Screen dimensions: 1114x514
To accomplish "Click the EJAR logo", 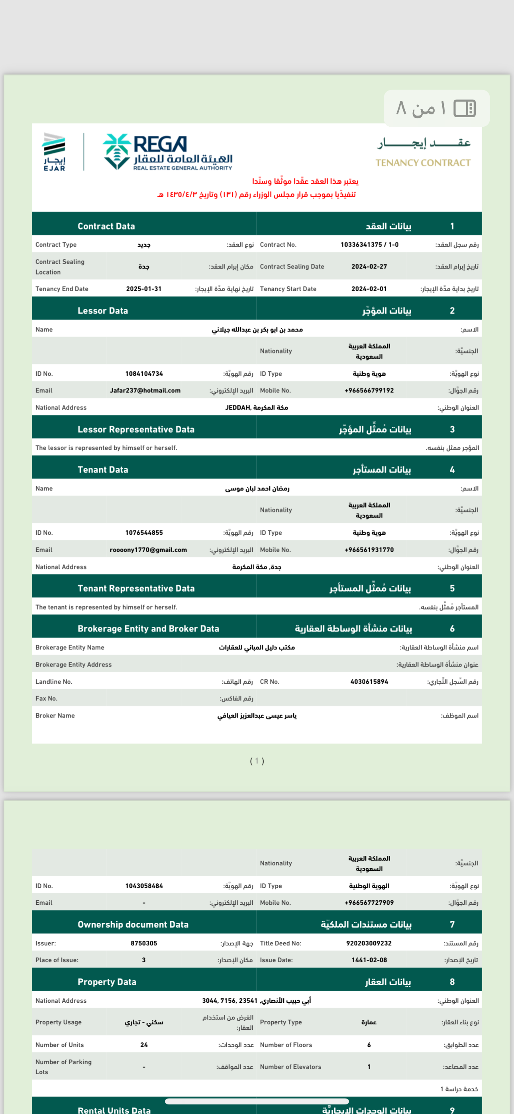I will pyautogui.click(x=54, y=152).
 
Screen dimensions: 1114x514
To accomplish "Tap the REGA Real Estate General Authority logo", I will pyautogui.click(x=167, y=152).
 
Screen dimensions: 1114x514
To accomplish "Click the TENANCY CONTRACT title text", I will pyautogui.click(x=423, y=163).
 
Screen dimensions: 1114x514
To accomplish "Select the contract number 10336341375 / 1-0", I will pyautogui.click(x=369, y=245).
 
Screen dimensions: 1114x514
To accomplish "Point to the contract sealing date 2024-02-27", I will pyautogui.click(x=369, y=267).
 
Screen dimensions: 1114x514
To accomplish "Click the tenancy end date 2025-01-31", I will pyautogui.click(x=144, y=289).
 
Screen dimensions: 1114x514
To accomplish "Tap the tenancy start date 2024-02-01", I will pyautogui.click(x=369, y=289).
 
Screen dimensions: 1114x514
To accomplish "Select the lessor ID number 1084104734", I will pyautogui.click(x=144, y=374).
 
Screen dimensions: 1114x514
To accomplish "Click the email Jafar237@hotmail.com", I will pyautogui.click(x=145, y=390).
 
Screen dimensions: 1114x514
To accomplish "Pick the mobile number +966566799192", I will pyautogui.click(x=369, y=390).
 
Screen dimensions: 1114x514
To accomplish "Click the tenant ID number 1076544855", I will pyautogui.click(x=144, y=533).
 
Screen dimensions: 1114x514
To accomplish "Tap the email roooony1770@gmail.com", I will pyautogui.click(x=148, y=550).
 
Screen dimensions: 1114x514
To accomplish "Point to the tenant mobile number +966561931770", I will pyautogui.click(x=369, y=550).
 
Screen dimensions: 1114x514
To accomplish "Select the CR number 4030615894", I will pyautogui.click(x=369, y=682).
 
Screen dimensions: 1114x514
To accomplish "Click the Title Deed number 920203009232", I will pyautogui.click(x=369, y=943).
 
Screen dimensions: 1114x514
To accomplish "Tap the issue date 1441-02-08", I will pyautogui.click(x=369, y=960).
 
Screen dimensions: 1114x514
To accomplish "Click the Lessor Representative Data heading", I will pyautogui.click(x=136, y=430).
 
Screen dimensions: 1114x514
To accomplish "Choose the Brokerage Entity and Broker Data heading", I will pyautogui.click(x=148, y=629).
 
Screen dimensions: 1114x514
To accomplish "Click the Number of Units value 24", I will pyautogui.click(x=144, y=1045).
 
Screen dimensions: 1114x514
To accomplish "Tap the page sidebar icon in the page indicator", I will pyautogui.click(x=465, y=108).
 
